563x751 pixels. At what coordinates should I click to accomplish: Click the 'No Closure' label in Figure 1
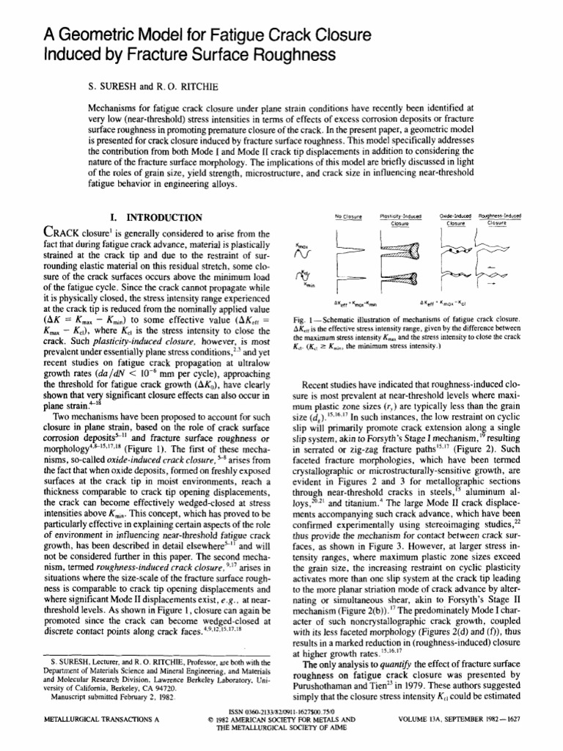click(349, 216)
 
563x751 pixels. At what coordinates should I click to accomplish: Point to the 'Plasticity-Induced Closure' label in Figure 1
click(400, 219)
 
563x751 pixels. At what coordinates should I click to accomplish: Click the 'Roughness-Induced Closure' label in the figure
click(498, 219)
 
